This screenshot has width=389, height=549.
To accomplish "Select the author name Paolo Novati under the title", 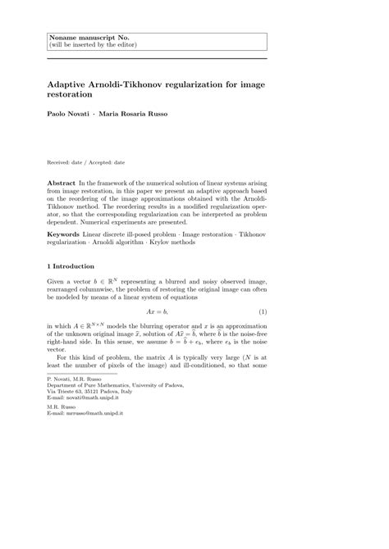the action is tap(67, 113).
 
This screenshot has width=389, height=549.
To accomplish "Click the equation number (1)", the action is tap(263, 312).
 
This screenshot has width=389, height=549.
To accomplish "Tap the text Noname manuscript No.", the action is tap(80, 38).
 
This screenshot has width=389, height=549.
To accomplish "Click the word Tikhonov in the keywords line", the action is tap(251, 213).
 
